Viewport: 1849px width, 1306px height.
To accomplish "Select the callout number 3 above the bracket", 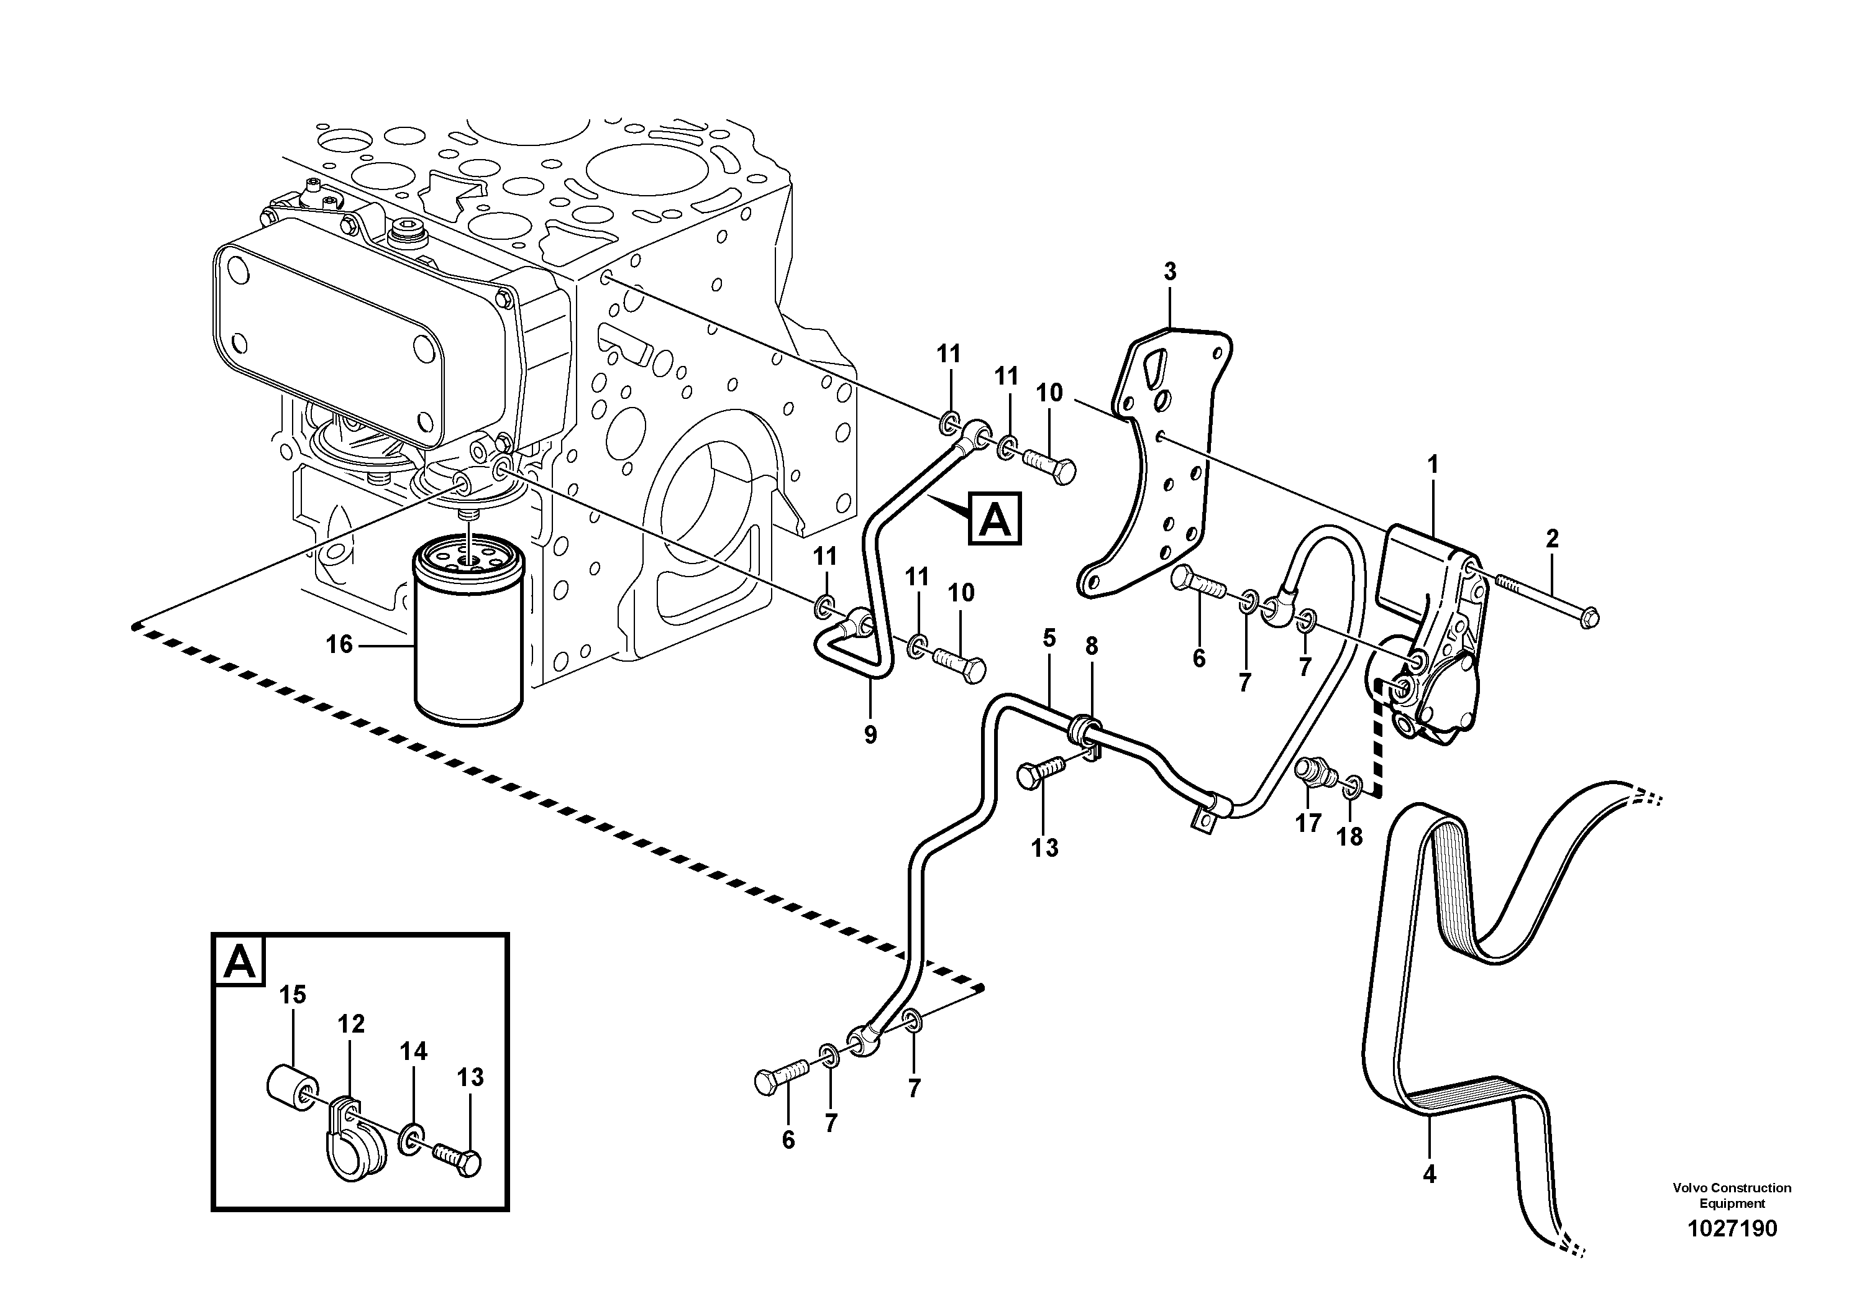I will (x=1169, y=272).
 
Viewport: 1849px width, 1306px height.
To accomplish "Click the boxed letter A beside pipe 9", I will (x=996, y=519).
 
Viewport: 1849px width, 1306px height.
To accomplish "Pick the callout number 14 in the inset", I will (x=413, y=1051).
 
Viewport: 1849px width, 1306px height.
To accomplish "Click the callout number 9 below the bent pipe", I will (x=870, y=734).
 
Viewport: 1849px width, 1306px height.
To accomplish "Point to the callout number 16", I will (x=339, y=644).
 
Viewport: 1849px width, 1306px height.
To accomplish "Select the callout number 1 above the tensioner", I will (x=1432, y=465).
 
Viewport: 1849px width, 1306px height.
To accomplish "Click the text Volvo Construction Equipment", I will (x=1732, y=1194).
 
